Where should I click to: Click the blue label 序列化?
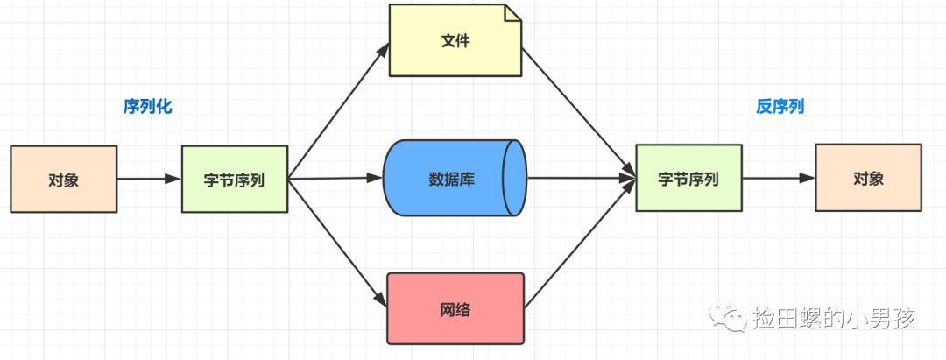147,107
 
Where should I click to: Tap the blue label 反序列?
780,107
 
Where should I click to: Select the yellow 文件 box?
455,40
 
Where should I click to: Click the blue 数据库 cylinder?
453,178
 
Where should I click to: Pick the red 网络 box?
455,308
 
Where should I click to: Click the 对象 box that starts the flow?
63,180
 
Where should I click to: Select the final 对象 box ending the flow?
868,178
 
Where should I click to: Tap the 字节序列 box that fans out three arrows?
234,180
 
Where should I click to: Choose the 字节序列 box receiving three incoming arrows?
688,179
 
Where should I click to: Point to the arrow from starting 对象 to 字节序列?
148,180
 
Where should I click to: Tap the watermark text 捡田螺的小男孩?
833,318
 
